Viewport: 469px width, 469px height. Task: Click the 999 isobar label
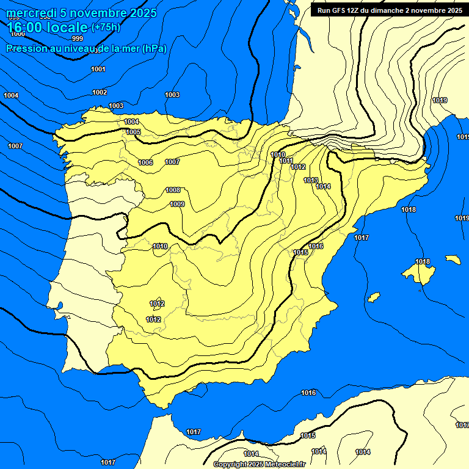tap(77, 56)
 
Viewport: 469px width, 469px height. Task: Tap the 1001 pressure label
tap(98, 69)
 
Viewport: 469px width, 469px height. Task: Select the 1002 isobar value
tap(100, 92)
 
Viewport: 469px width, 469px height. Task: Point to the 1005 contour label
tap(133, 132)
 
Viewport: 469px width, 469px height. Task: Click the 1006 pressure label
tap(145, 162)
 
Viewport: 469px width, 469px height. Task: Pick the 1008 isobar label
tap(173, 190)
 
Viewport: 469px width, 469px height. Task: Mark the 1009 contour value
tap(177, 204)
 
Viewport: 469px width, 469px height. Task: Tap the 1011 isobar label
tap(286, 161)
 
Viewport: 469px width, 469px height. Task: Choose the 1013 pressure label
tap(311, 180)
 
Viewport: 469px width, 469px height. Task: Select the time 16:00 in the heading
tap(26, 27)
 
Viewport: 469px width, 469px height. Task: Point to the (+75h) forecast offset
tap(106, 27)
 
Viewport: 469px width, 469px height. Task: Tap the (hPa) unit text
tap(154, 48)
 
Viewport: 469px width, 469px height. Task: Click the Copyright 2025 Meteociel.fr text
tap(259, 464)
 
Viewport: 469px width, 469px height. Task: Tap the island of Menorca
tap(453, 260)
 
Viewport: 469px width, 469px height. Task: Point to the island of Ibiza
tap(374, 297)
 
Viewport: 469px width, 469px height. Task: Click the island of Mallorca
tap(419, 270)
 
